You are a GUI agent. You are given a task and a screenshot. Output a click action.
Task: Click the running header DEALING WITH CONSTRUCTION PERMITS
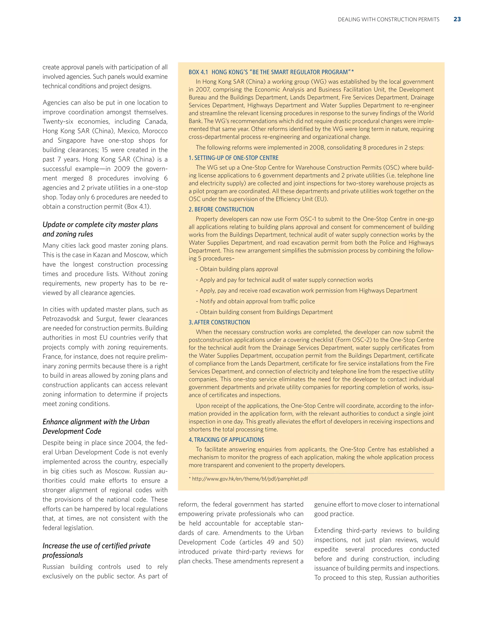[x=388, y=20]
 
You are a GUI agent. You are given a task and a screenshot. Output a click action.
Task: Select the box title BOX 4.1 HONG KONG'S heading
[x=271, y=72]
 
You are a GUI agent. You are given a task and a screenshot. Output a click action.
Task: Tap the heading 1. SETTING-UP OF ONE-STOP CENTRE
[x=233, y=158]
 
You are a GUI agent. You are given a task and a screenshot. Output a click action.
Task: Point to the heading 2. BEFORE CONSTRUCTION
[x=221, y=209]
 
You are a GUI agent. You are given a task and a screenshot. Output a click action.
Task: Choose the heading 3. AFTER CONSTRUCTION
[x=219, y=322]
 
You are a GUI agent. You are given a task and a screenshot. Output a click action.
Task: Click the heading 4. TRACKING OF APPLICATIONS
[x=226, y=440]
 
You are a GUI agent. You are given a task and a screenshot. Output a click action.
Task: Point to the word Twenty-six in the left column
[x=58, y=122]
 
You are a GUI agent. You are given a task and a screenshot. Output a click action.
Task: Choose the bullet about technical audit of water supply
[x=286, y=280]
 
